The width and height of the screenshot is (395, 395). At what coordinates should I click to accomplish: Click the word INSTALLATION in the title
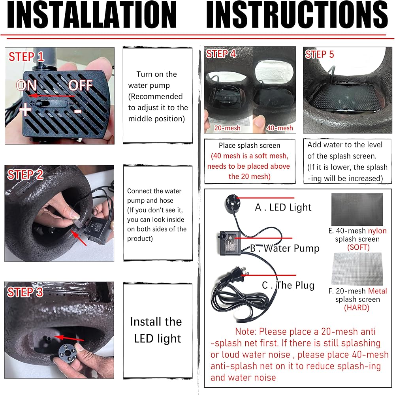pyautogui.click(x=92, y=15)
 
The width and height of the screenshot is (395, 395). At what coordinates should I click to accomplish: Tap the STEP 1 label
pyautogui.click(x=26, y=56)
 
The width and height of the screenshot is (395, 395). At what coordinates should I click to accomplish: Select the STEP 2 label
pyautogui.click(x=25, y=175)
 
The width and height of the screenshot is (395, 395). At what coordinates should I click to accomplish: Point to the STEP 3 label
pyautogui.click(x=25, y=292)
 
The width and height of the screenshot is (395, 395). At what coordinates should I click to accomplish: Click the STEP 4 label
pyautogui.click(x=221, y=54)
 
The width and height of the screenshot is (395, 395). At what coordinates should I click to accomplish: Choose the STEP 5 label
pyautogui.click(x=320, y=54)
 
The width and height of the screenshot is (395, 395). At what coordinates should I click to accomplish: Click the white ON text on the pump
pyautogui.click(x=26, y=85)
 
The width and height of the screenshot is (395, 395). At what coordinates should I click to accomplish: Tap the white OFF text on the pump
pyautogui.click(x=80, y=85)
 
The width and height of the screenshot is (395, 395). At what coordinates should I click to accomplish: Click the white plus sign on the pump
pyautogui.click(x=25, y=109)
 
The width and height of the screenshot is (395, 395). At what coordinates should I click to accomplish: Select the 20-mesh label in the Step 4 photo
pyautogui.click(x=227, y=128)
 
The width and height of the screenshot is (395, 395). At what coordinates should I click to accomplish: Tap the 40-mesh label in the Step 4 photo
pyautogui.click(x=280, y=128)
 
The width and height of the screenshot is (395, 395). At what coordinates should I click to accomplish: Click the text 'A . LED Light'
pyautogui.click(x=283, y=207)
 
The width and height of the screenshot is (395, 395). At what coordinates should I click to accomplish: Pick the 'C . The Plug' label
pyautogui.click(x=288, y=285)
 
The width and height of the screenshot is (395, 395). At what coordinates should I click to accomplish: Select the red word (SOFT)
pyautogui.click(x=358, y=247)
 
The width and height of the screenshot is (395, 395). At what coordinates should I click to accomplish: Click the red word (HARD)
pyautogui.click(x=357, y=308)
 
